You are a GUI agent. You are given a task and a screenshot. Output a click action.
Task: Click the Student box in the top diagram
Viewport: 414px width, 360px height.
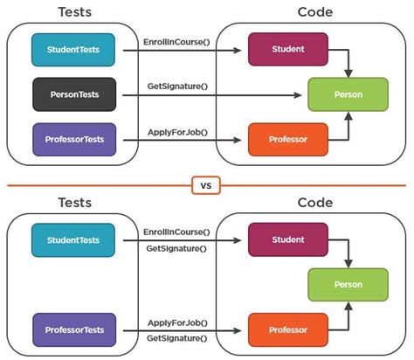287,50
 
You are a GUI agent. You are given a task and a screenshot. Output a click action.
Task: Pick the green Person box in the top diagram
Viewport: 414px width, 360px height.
348,93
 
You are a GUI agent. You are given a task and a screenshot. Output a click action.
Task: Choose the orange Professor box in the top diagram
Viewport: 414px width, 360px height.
287,138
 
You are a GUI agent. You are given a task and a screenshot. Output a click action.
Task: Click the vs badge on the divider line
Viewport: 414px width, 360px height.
207,184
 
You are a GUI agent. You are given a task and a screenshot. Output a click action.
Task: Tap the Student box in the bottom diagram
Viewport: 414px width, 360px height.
287,239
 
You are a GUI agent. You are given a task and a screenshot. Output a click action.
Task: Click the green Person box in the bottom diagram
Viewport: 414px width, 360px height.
348,285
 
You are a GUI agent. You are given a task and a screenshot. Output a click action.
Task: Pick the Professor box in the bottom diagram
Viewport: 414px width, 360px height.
287,329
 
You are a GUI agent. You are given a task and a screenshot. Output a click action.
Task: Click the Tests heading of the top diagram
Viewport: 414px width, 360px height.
74,11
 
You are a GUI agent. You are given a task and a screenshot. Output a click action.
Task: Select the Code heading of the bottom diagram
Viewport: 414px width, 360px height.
314,203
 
